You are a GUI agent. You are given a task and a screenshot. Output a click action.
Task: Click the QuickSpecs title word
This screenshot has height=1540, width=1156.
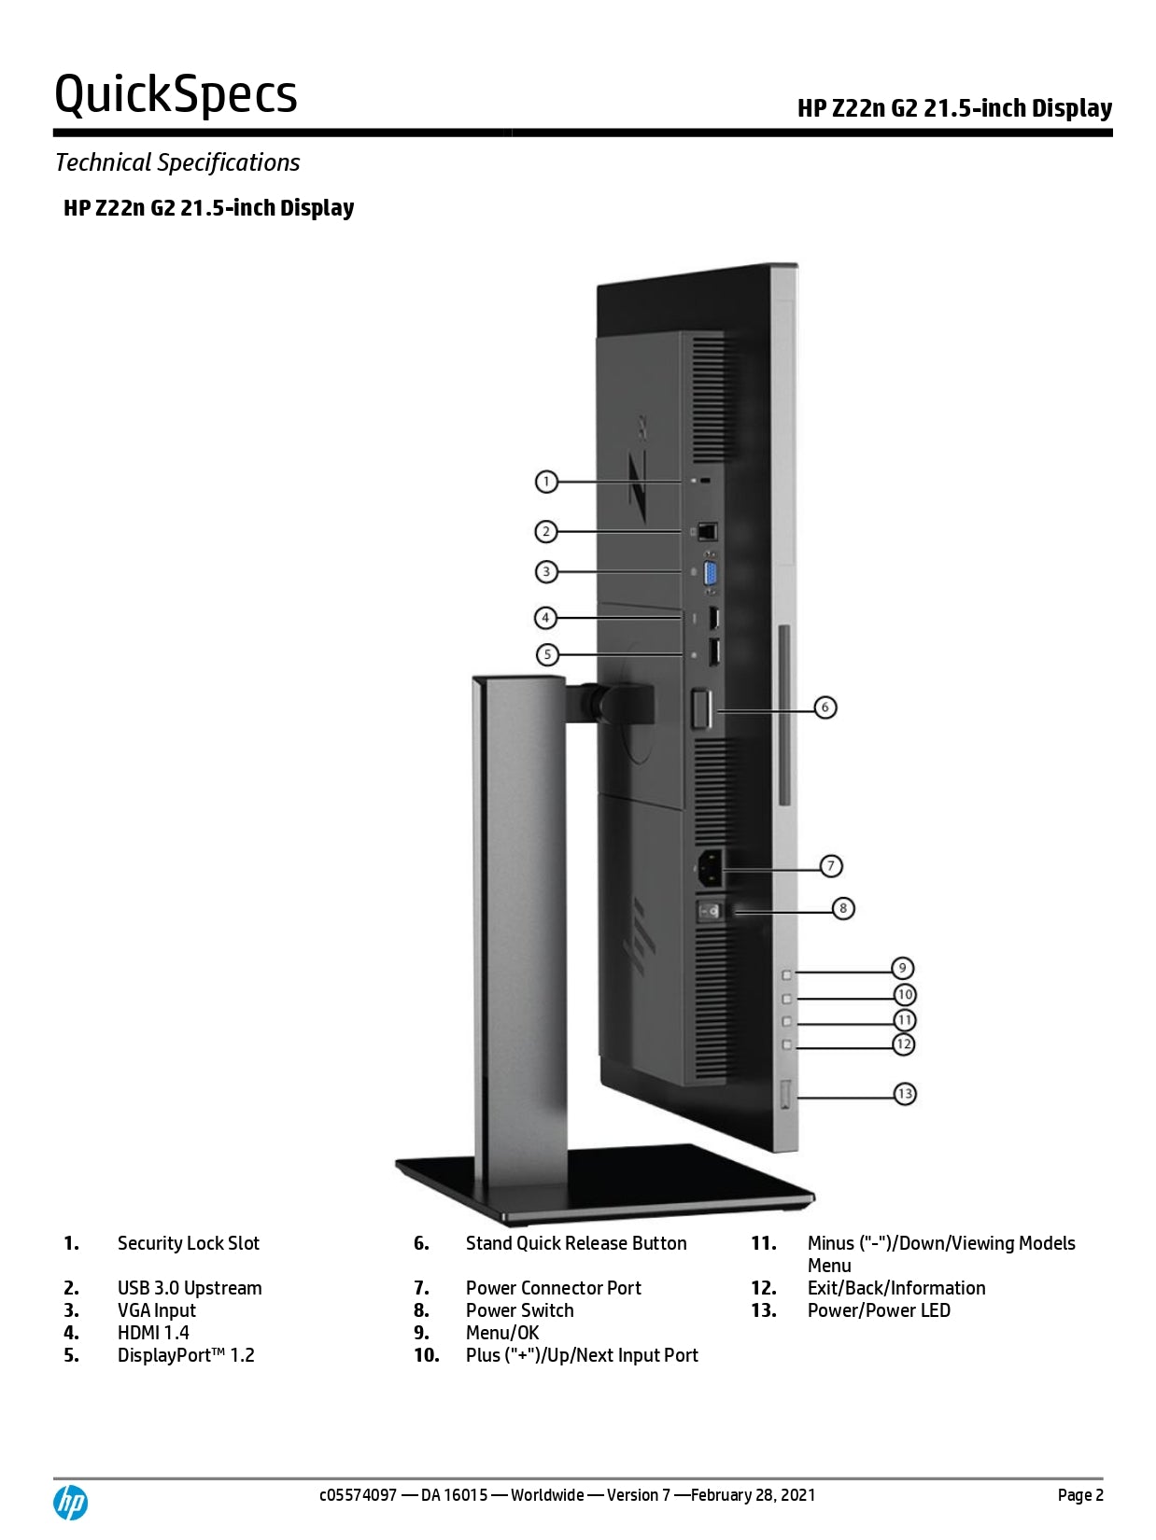tap(176, 94)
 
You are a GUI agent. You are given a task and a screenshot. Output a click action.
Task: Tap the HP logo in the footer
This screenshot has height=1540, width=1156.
tap(70, 1503)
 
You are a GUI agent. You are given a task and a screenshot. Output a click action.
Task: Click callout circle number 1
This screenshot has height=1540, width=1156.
tap(546, 482)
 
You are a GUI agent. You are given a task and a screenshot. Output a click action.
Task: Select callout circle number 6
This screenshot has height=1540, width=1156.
tap(825, 707)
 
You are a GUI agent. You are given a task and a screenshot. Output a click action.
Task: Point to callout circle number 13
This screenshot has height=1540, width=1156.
tap(905, 1094)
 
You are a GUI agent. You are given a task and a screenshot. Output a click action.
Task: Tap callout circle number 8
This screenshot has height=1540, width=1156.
tap(843, 908)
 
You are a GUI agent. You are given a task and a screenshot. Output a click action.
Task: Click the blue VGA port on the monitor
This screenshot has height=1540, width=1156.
tap(711, 572)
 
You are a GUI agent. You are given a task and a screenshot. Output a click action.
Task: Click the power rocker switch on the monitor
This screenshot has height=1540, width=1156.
tap(711, 910)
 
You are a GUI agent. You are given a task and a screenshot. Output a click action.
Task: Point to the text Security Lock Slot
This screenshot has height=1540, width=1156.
tap(188, 1243)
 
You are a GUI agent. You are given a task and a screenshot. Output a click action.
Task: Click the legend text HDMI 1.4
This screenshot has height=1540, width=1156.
tap(153, 1333)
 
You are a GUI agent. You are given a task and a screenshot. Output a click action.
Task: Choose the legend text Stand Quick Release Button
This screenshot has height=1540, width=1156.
tap(576, 1243)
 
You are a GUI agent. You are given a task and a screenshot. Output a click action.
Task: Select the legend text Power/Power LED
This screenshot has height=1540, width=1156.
tap(879, 1310)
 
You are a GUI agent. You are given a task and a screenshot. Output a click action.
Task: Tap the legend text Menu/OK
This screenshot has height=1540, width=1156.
tap(502, 1333)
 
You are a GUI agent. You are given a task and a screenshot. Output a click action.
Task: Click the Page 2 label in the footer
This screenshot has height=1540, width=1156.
tap(1080, 1495)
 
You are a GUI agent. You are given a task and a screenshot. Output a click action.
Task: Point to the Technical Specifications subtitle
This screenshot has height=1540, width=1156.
tap(177, 162)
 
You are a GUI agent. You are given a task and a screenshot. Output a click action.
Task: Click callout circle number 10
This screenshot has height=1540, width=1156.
tap(905, 995)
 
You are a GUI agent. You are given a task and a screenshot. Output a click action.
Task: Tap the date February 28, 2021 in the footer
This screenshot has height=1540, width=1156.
tap(753, 1495)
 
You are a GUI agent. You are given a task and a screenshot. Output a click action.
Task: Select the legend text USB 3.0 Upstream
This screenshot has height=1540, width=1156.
tap(190, 1288)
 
